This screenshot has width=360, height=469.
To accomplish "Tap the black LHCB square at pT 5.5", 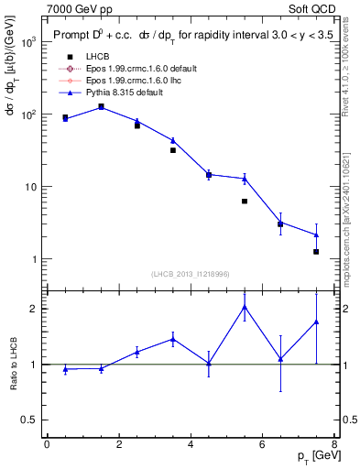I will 245,202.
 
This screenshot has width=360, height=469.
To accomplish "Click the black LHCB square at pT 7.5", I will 316,252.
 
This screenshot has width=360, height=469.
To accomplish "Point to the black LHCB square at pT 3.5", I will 172,150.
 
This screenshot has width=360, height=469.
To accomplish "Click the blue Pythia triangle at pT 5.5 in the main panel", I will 245,179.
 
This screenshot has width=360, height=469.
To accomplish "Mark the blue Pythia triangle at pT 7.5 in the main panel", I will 316,234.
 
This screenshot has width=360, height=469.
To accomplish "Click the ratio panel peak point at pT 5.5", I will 245,307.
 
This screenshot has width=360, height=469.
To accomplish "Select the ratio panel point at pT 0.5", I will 65,369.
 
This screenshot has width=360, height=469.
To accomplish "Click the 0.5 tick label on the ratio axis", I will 29,420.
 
